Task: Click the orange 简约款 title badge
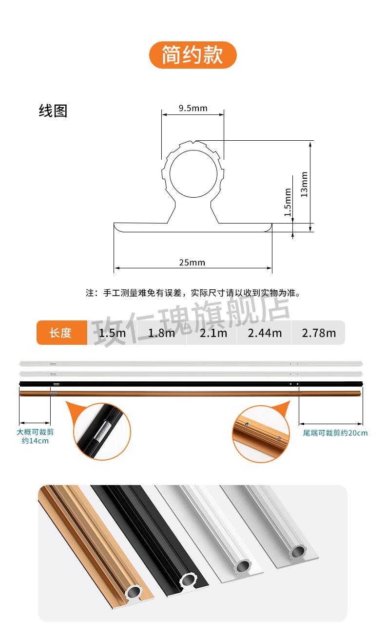[192, 55]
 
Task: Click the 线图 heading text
[53, 111]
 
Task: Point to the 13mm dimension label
[304, 184]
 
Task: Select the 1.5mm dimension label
[288, 203]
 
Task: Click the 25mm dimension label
[192, 262]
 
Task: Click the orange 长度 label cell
[61, 333]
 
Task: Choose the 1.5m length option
[112, 333]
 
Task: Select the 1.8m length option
[161, 333]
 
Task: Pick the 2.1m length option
[213, 333]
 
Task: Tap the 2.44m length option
[265, 333]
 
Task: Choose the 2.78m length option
[319, 333]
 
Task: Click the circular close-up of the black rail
[102, 431]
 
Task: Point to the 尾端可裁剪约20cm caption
[335, 432]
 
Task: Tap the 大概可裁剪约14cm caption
[35, 436]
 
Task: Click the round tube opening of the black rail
[187, 580]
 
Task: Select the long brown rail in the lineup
[190, 393]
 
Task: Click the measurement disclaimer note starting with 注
[192, 293]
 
